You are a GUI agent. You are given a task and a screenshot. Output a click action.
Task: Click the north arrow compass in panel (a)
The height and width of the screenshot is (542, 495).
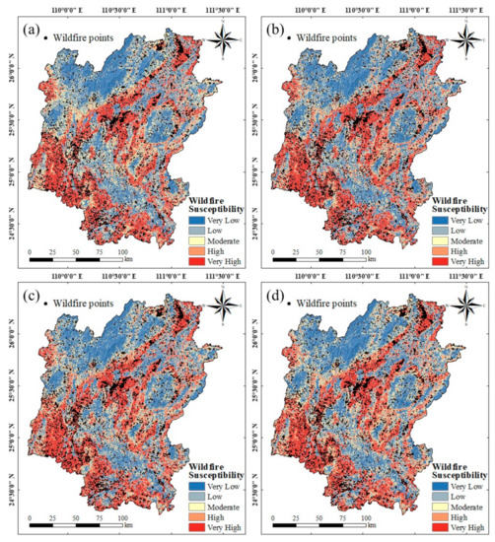click(225, 40)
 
